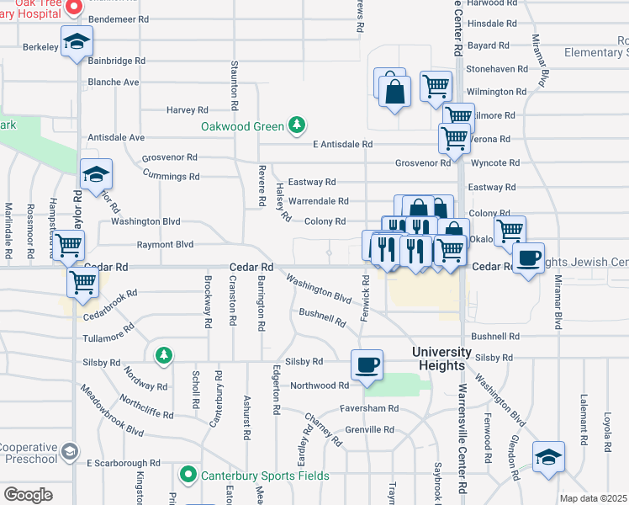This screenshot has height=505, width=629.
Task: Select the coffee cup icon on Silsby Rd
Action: tap(367, 365)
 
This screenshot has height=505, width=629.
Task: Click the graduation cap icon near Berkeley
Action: tap(77, 42)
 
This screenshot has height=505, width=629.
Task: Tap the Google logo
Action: tap(28, 495)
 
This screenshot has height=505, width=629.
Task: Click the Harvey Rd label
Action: tap(187, 110)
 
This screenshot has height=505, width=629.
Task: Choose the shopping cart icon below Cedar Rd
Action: tap(82, 283)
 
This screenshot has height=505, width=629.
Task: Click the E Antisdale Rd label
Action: tap(342, 145)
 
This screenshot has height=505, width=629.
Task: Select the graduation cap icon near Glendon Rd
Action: tap(548, 457)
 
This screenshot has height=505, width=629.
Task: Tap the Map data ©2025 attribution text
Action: tap(594, 498)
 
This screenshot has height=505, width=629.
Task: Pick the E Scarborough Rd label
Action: tap(124, 463)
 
